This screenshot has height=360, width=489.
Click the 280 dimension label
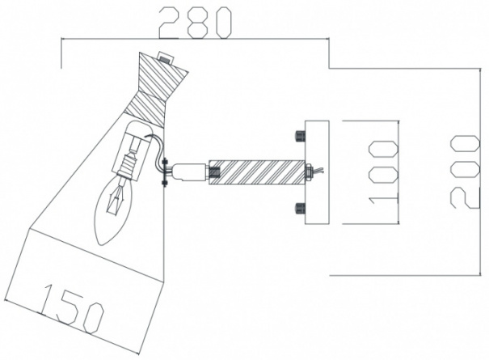pyautogui.click(x=196, y=23)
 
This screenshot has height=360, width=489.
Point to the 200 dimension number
pyautogui.click(x=465, y=172)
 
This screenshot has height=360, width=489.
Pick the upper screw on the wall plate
pyautogui.click(x=300, y=136)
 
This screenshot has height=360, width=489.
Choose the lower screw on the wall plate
pyautogui.click(x=300, y=209)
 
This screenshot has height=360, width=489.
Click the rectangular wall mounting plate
pyautogui.click(x=317, y=172)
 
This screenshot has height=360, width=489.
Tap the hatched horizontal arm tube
pyautogui.click(x=256, y=172)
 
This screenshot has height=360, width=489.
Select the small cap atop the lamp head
pyautogui.click(x=166, y=57)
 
